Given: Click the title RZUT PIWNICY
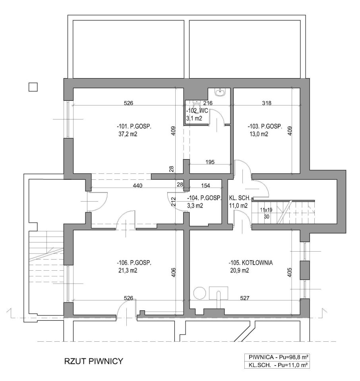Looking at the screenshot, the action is pyautogui.click(x=94, y=361).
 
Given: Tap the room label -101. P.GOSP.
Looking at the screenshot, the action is pyautogui.click(x=134, y=126).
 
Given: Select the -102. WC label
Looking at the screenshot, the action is pyautogui.click(x=197, y=111).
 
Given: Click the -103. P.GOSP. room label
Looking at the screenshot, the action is pyautogui.click(x=265, y=126).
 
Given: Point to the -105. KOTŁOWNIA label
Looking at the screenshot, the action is pyautogui.click(x=251, y=263).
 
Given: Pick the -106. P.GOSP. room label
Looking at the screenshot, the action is pyautogui.click(x=134, y=263).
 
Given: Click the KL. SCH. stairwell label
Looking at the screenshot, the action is pyautogui.click(x=240, y=198).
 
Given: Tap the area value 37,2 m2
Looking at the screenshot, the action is pyautogui.click(x=128, y=134).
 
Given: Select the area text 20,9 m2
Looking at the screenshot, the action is pyautogui.click(x=240, y=270).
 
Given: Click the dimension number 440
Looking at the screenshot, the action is pyautogui.click(x=137, y=186).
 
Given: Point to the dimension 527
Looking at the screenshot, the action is pyautogui.click(x=245, y=298).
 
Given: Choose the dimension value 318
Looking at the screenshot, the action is pyautogui.click(x=267, y=103).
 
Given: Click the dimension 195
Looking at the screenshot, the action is pyautogui.click(x=210, y=162).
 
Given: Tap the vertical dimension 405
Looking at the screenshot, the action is pyautogui.click(x=289, y=272).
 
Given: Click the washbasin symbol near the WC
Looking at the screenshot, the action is pyautogui.click(x=221, y=92).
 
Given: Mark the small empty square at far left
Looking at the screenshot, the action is pyautogui.click(x=33, y=87).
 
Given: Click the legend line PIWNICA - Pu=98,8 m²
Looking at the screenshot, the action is pyautogui.click(x=277, y=357).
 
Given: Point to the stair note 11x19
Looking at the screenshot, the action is pyautogui.click(x=266, y=210).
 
